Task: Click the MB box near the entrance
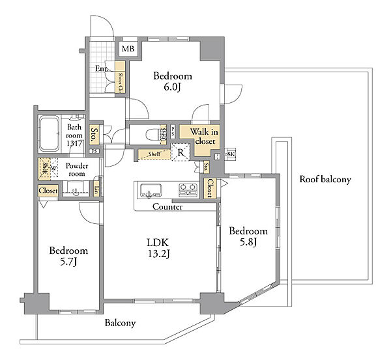pos(127,48)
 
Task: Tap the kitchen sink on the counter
pos(151,191)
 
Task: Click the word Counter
pos(167,207)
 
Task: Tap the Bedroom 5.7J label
pos(68,256)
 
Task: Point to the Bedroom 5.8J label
pos(248,237)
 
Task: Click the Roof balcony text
pos(325,179)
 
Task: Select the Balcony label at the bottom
pos(119,323)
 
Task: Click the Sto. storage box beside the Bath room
pos(94,135)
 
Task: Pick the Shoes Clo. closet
pos(121,81)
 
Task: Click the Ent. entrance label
pos(102,69)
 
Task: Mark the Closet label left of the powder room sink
pos(48,191)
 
